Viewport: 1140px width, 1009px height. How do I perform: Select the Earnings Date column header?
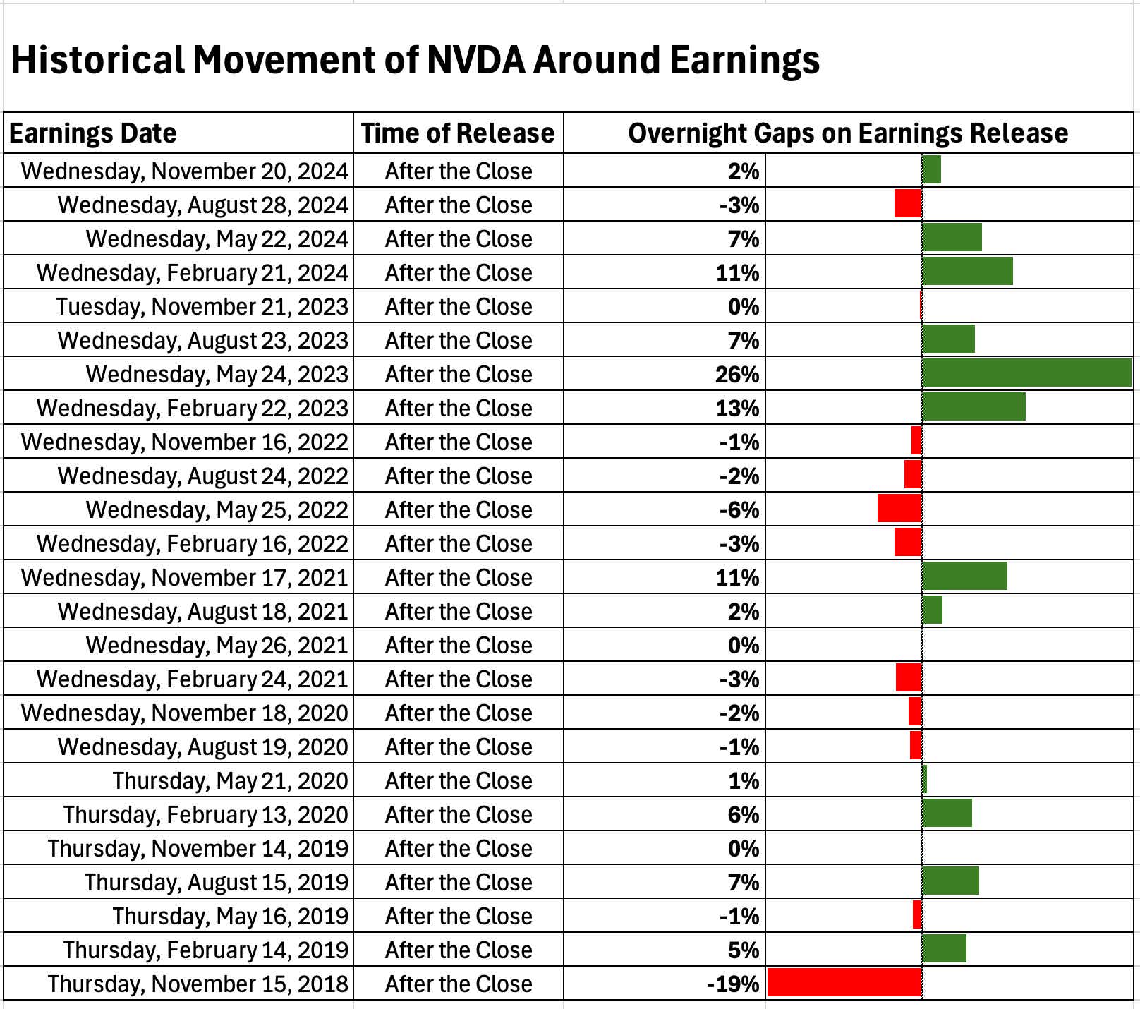(x=93, y=133)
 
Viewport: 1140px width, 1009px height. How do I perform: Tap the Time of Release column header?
(x=458, y=133)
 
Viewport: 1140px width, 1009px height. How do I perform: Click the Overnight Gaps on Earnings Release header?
(x=848, y=133)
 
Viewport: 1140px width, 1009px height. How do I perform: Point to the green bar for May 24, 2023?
(x=1026, y=373)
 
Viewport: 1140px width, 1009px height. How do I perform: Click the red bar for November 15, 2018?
(x=844, y=983)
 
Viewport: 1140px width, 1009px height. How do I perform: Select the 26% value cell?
(x=737, y=374)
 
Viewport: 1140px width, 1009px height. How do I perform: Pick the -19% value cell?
(x=733, y=984)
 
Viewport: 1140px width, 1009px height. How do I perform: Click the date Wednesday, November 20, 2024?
(x=185, y=171)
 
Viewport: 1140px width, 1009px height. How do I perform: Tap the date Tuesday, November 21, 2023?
(x=202, y=307)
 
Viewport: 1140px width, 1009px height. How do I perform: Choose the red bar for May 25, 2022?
(x=899, y=509)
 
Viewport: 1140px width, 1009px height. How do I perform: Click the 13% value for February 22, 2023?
(x=737, y=409)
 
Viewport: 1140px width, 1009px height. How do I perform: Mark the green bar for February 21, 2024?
(x=967, y=272)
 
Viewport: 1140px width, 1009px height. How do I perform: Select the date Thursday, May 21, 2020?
(x=231, y=781)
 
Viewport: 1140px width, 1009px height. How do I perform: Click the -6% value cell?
(x=739, y=510)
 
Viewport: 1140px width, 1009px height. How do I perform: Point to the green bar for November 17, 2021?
(x=964, y=576)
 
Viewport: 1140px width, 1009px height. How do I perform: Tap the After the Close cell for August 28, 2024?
(x=459, y=205)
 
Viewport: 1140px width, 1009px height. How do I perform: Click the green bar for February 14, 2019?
(x=944, y=949)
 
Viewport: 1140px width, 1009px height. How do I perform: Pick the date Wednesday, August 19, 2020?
(x=203, y=747)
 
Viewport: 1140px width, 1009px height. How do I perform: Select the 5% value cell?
(x=744, y=950)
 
